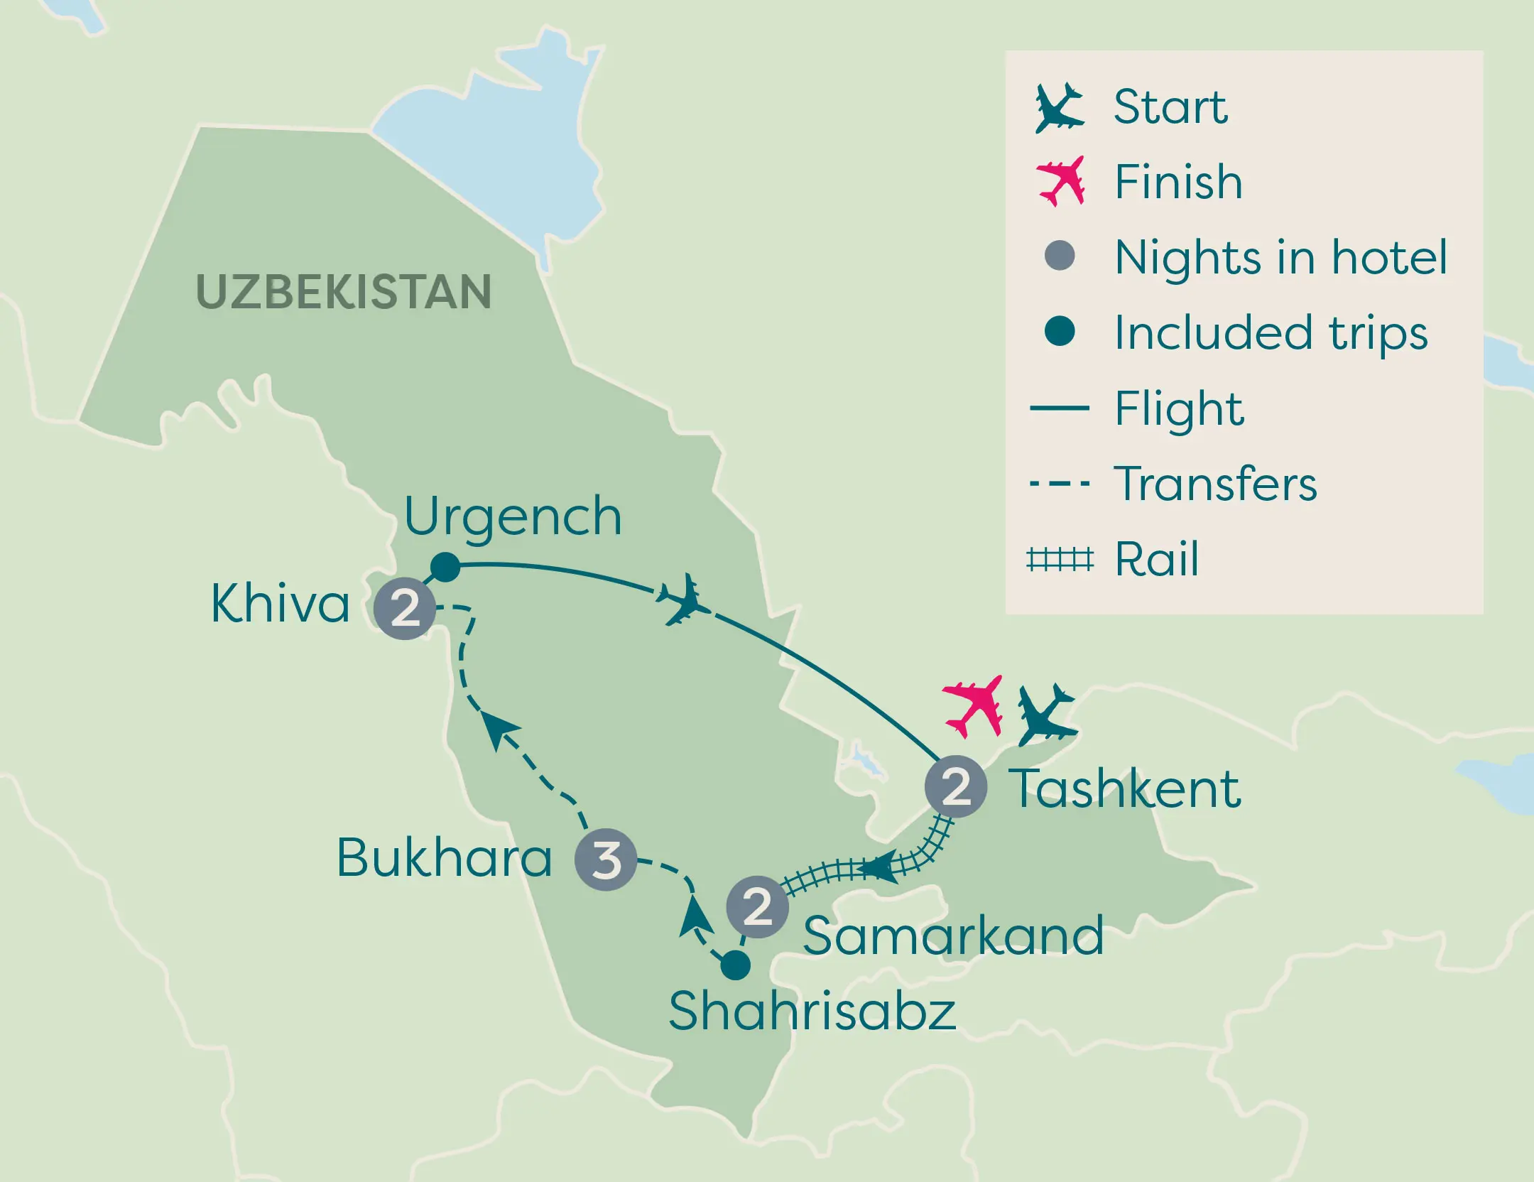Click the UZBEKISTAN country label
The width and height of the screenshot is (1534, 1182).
[x=343, y=292]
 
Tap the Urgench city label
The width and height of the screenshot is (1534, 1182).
[x=513, y=517]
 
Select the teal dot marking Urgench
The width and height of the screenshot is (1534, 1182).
[x=445, y=567]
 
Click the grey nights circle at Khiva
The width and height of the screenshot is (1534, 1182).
[x=405, y=609]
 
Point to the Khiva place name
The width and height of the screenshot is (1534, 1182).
[x=281, y=604]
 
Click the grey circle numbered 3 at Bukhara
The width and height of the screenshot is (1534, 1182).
[x=606, y=860]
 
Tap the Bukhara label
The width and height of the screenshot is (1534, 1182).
[x=444, y=858]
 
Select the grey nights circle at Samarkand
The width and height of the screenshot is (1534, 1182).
[x=757, y=907]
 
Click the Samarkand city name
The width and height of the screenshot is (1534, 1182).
[x=953, y=936]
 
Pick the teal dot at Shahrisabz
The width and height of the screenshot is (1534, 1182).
[x=735, y=965]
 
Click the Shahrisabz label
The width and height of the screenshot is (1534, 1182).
[x=812, y=1012]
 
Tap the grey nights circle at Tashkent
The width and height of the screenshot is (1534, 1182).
[x=956, y=787]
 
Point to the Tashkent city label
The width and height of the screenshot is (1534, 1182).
[x=1126, y=788]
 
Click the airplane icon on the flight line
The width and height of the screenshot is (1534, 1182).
[x=684, y=600]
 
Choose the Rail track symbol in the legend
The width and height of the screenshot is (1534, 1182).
[x=1060, y=560]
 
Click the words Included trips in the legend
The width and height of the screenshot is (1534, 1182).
[x=1271, y=333]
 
